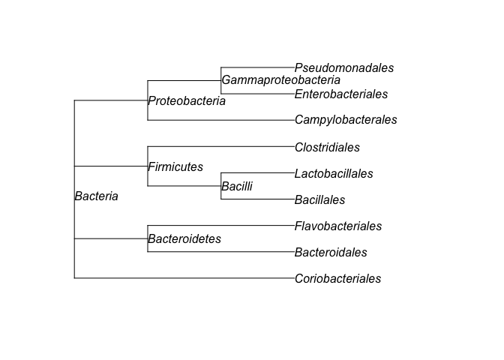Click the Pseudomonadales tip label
(x=344, y=68)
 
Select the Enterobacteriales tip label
(x=341, y=94)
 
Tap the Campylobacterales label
(x=346, y=120)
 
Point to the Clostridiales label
(x=327, y=148)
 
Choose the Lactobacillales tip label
(x=334, y=174)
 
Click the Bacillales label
(x=319, y=200)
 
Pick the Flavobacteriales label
(x=338, y=226)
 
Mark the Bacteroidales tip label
(x=331, y=253)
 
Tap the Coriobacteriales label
(x=337, y=279)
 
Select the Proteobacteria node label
(x=187, y=101)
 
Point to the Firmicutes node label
(x=175, y=167)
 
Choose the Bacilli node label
(x=237, y=187)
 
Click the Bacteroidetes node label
(x=184, y=239)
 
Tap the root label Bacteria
(x=96, y=196)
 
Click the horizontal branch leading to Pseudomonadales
(x=258, y=67)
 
